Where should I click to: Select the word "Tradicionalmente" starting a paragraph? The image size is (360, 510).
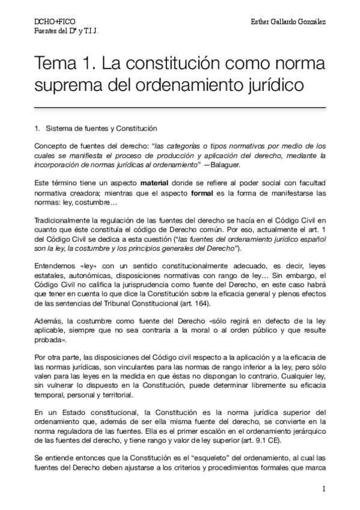click(x=63, y=221)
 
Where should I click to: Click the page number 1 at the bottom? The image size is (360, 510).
click(x=323, y=489)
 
